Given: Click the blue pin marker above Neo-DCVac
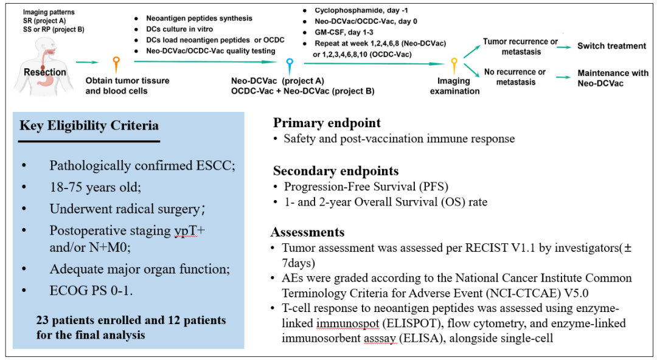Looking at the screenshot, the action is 290,66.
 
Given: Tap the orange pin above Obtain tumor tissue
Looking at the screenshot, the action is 116,65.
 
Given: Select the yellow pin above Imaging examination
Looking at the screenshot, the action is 454,66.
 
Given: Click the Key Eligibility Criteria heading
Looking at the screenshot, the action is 89,126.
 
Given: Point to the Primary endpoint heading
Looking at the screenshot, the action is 327,123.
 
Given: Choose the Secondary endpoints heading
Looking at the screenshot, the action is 336,171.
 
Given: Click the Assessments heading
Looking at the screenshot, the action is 308,232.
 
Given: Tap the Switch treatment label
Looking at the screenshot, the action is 612,46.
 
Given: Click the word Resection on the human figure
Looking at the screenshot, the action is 45,72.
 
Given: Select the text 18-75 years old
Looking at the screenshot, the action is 95,187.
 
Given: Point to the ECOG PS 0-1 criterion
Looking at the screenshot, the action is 91,291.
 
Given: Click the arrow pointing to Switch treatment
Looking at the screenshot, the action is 563,47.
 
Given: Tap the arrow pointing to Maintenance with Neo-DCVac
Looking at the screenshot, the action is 563,77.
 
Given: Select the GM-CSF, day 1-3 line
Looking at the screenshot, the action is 344,32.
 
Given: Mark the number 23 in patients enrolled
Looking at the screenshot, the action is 43,320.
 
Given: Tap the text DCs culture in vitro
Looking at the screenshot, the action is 179,29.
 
